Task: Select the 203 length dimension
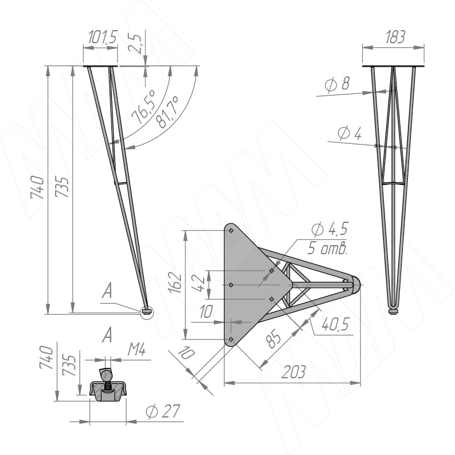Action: [x=293, y=373]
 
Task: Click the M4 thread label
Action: [x=136, y=351]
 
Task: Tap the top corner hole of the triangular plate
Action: [x=230, y=231]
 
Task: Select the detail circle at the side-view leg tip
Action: [x=147, y=311]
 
